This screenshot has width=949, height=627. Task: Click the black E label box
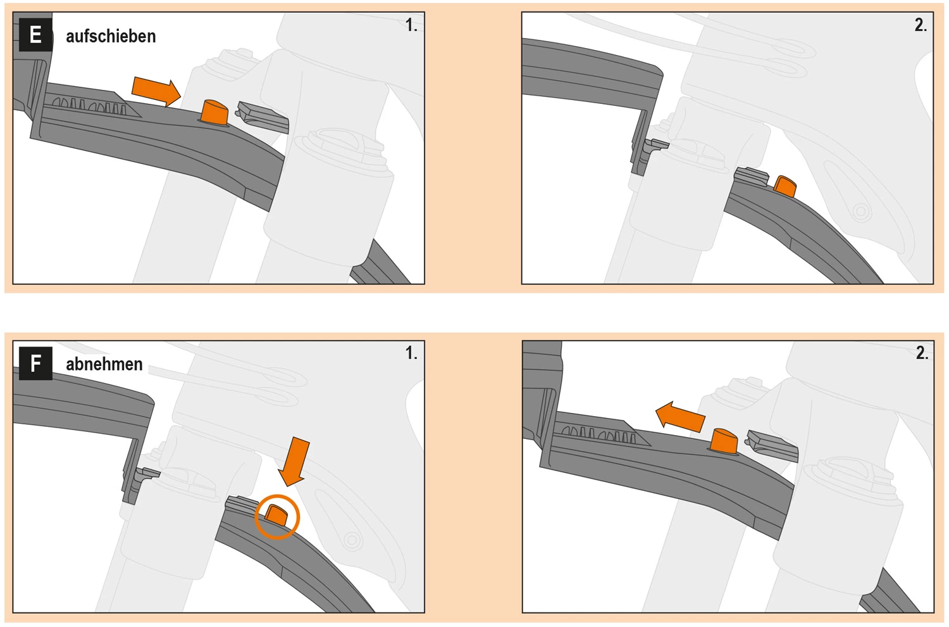coord(36,35)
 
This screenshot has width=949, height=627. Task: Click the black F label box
coord(36,363)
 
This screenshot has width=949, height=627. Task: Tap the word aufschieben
coord(111,37)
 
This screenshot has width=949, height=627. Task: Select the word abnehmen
coord(104,364)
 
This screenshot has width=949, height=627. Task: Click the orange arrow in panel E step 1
coord(156,91)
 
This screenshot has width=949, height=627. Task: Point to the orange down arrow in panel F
coord(294,461)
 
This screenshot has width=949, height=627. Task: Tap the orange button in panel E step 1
coord(214,113)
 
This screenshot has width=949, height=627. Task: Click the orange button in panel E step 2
coord(785,186)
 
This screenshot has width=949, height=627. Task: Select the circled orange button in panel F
coord(276,516)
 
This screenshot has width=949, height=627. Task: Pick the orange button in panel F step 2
coord(724,441)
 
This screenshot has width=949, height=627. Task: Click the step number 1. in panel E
coord(411,25)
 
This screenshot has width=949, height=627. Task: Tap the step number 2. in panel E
coord(921,25)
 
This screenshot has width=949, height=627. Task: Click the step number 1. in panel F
coord(411,353)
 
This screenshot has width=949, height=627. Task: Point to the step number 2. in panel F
coord(922,353)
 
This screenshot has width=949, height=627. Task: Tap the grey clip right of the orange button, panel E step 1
coord(263,117)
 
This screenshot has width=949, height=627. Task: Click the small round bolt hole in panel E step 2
coord(860,211)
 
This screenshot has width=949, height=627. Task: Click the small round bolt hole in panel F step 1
coord(351,540)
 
